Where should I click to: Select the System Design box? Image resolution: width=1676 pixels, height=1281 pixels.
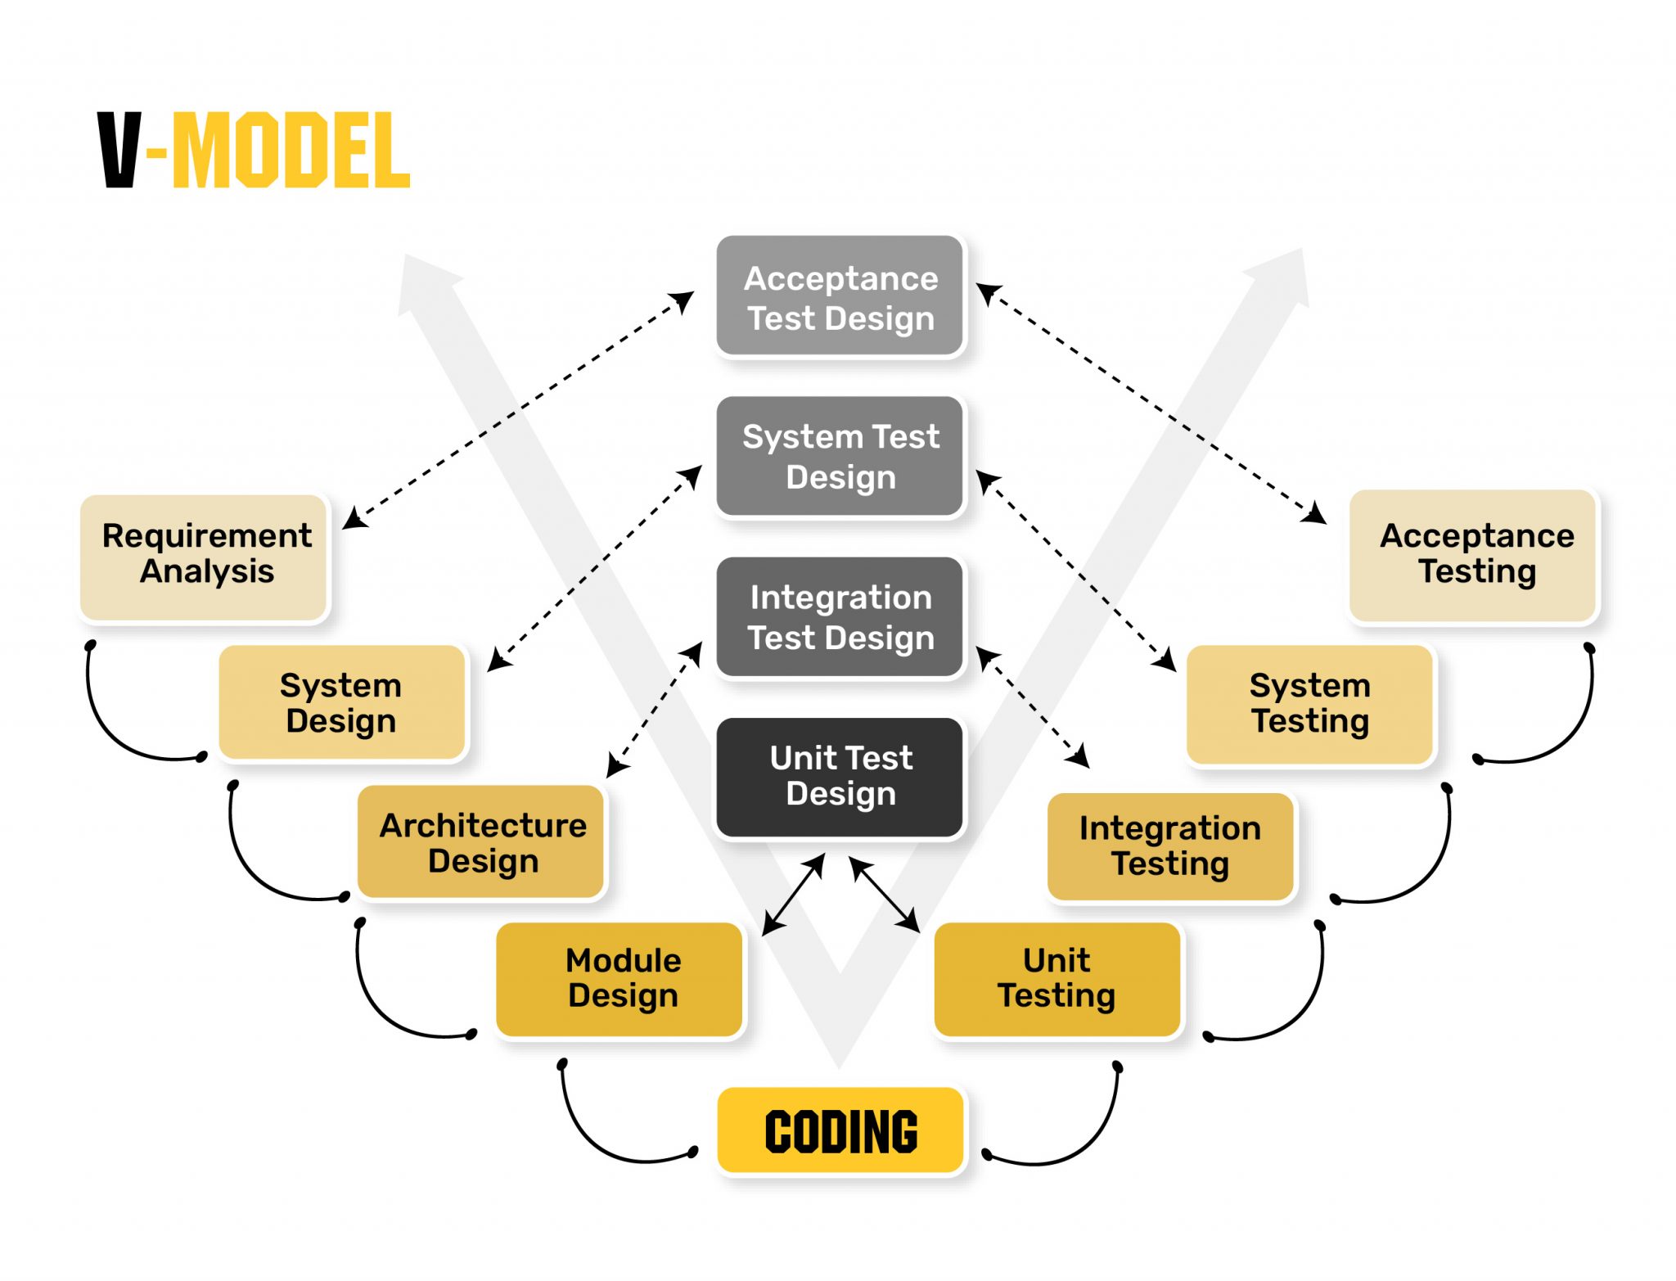click(342, 702)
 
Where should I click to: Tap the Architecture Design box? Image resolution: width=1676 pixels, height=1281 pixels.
click(482, 842)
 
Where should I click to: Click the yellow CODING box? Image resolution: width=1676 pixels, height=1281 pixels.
click(840, 1131)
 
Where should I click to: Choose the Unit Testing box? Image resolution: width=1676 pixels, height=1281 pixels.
click(1057, 979)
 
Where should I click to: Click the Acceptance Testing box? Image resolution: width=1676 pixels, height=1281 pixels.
click(1473, 555)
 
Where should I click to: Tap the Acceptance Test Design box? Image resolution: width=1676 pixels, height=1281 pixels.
click(840, 296)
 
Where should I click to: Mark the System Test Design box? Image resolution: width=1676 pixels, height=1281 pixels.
click(840, 457)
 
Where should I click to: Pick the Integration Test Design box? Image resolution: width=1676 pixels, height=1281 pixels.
click(840, 617)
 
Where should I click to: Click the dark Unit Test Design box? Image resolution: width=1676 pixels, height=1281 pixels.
click(840, 777)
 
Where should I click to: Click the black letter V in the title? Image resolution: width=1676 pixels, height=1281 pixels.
click(120, 151)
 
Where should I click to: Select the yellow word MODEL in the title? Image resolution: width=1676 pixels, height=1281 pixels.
click(291, 151)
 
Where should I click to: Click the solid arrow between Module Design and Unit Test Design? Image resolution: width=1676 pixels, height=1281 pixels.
click(793, 895)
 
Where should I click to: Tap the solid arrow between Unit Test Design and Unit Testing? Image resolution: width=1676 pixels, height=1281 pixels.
click(885, 895)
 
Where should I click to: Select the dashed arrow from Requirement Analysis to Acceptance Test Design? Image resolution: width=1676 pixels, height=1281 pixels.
click(518, 410)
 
